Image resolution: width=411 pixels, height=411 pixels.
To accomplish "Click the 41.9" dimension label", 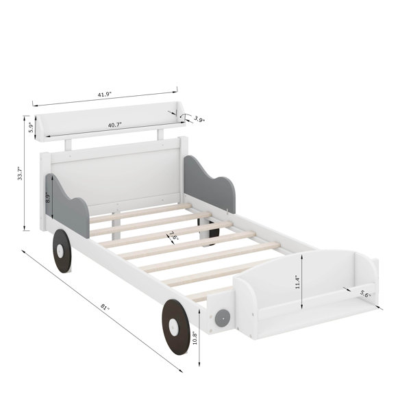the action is tap(105, 95).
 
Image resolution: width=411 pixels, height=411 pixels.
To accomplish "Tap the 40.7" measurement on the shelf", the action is tap(115, 125).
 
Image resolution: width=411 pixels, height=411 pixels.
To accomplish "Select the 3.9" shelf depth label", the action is tap(199, 119).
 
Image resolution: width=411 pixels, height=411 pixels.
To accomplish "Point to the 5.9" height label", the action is tap(32, 127).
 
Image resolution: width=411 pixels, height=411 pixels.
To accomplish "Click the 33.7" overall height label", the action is tap(20, 173).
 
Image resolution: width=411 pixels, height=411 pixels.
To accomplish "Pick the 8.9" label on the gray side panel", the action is tap(48, 198).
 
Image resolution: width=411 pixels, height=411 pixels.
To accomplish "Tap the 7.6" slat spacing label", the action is tap(174, 236).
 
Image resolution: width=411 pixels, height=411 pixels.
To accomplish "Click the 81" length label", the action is tap(105, 307).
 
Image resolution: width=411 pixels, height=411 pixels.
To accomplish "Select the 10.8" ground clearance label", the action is tap(195, 338).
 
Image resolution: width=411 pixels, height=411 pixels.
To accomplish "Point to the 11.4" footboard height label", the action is tap(297, 282).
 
